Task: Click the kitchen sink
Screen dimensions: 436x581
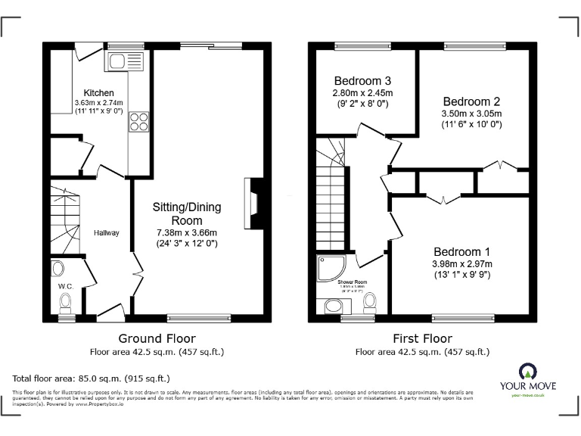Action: [x=126, y=61]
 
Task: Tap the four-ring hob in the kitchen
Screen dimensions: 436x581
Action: [x=138, y=121]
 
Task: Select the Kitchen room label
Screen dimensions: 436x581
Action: [x=99, y=93]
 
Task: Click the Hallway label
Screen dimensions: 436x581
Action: [x=107, y=232]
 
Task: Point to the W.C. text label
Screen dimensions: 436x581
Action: [x=64, y=286]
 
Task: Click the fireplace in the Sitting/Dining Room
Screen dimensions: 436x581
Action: [x=253, y=203]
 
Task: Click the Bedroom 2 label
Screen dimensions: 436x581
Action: [x=471, y=101]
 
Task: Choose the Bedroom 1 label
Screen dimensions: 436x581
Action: [x=462, y=251]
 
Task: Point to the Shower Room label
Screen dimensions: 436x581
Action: [x=351, y=282]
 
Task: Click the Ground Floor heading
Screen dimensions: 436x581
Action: [x=157, y=338]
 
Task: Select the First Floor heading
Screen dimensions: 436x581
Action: [x=422, y=338]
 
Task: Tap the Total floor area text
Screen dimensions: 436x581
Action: [x=91, y=378]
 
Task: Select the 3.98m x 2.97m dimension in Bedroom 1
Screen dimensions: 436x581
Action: [x=462, y=264]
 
